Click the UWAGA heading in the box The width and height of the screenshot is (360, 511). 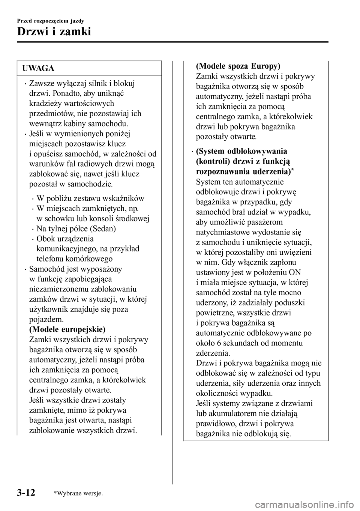(x=38, y=68)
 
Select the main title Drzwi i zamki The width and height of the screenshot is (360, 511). (x=54, y=31)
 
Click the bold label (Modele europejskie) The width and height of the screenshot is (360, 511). (x=67, y=329)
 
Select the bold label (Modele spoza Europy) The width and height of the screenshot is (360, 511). (x=238, y=66)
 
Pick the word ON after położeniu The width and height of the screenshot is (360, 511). (x=295, y=272)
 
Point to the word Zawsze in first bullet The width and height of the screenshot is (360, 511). (x=41, y=83)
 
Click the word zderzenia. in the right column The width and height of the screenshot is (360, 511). (x=213, y=353)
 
